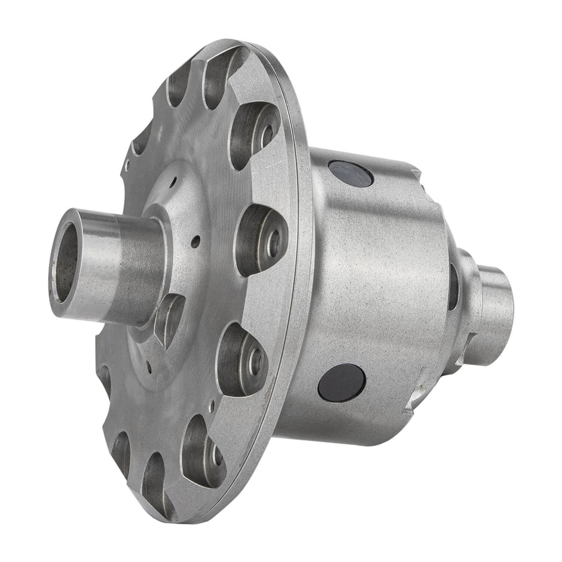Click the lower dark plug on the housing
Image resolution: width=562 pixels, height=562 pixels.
coord(341,383)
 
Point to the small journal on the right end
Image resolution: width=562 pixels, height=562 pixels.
coord(496,311)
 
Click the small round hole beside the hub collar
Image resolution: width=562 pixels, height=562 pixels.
coord(195,242)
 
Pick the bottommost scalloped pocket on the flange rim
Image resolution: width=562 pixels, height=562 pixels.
coord(157,478)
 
